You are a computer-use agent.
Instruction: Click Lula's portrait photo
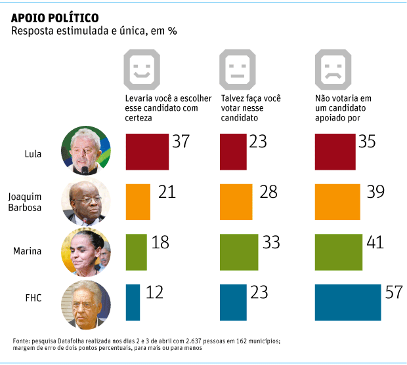pyautogui.click(x=85, y=152)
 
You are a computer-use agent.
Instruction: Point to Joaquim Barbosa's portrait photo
pyautogui.click(x=85, y=202)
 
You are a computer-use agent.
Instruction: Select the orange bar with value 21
pyautogui.click(x=137, y=201)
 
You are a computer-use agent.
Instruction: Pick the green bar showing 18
pyautogui.click(x=136, y=251)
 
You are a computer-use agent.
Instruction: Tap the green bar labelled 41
pyautogui.click(x=339, y=251)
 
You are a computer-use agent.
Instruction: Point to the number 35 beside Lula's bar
pyautogui.click(x=367, y=142)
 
